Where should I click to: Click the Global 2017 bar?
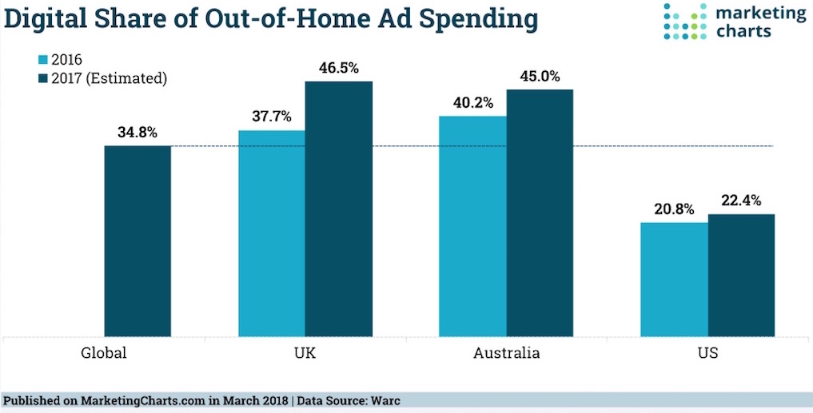point(137,240)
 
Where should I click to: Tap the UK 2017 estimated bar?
point(339,208)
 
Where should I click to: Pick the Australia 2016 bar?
point(472,226)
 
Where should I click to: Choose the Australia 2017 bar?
point(540,212)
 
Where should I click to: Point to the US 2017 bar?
point(741,275)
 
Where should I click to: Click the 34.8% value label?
point(137,131)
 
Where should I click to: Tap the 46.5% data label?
point(339,67)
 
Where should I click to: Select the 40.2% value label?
point(472,102)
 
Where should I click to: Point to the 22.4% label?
point(741,201)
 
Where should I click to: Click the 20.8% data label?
point(674,208)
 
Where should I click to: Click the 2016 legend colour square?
point(43,59)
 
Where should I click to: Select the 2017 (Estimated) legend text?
point(109,78)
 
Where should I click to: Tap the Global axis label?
point(105,352)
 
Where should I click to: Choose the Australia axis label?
point(506,352)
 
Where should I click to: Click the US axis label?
point(707,352)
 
